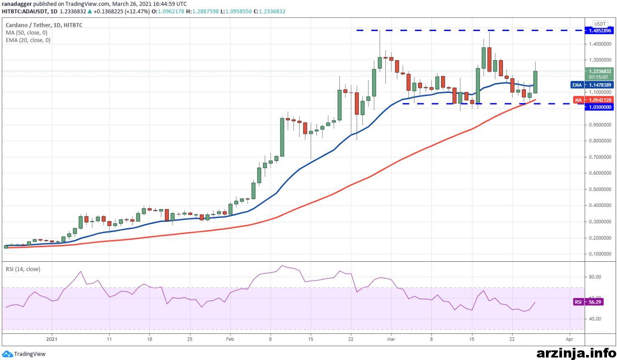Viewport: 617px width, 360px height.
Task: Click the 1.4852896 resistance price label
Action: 599,31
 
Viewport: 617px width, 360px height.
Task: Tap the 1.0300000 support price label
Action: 599,107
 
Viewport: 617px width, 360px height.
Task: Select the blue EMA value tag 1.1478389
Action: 592,85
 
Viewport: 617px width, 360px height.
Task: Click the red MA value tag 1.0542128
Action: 594,100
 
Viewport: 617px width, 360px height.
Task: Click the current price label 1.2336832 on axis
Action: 599,71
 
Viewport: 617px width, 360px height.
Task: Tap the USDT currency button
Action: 600,24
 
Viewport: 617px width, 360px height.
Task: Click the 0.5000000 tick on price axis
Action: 600,189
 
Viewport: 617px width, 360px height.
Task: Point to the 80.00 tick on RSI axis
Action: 595,277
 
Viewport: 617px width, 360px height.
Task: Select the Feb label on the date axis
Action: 230,339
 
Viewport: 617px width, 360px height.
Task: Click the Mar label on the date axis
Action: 391,339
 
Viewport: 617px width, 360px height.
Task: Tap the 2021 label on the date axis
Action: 52,339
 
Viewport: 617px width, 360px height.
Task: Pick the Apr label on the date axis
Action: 569,339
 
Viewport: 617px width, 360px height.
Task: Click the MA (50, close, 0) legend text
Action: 26,33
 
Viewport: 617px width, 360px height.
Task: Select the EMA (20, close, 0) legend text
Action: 28,40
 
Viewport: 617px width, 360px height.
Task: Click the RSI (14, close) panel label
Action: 23,269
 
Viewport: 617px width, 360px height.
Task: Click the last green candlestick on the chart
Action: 535,82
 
